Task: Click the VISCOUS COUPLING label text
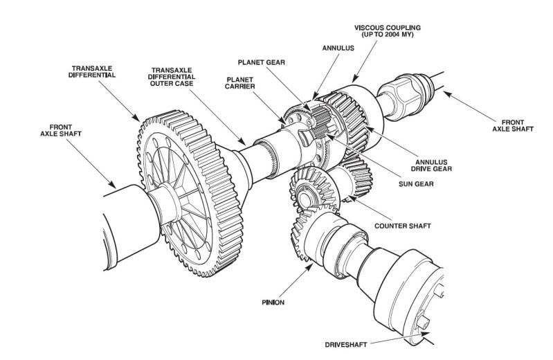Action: pyautogui.click(x=388, y=28)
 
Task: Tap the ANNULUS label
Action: pyautogui.click(x=338, y=48)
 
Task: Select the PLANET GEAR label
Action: pyautogui.click(x=262, y=62)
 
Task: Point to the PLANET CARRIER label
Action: pyautogui.click(x=240, y=83)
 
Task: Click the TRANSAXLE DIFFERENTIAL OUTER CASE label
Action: pyautogui.click(x=172, y=77)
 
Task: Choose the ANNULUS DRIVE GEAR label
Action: pyautogui.click(x=431, y=165)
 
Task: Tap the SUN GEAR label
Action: pyautogui.click(x=416, y=184)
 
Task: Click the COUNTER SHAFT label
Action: pyautogui.click(x=403, y=226)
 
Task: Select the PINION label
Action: pyautogui.click(x=273, y=303)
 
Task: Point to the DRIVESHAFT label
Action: pyautogui.click(x=346, y=345)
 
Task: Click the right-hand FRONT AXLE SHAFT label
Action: pyautogui.click(x=513, y=126)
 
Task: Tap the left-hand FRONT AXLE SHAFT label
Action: pyautogui.click(x=61, y=130)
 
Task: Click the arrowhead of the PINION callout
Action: pyautogui.click(x=309, y=267)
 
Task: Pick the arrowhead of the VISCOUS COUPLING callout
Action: pyautogui.click(x=354, y=79)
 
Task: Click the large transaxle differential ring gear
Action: pyautogui.click(x=190, y=193)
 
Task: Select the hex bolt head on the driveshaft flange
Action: pyautogui.click(x=422, y=321)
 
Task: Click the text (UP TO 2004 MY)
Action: pyautogui.click(x=388, y=35)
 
